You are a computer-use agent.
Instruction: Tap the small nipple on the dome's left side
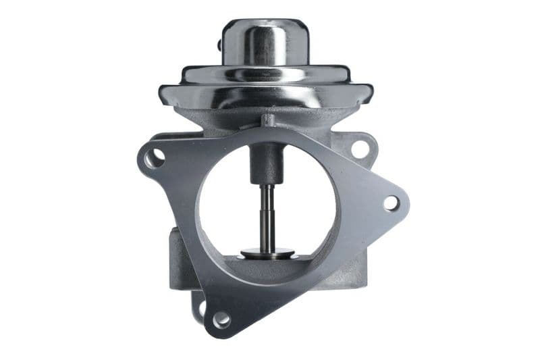[x=221, y=45]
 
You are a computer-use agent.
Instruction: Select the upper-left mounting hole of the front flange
[x=154, y=158]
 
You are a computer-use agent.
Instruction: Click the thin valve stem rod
[x=268, y=216]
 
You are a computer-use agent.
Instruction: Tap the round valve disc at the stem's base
[x=268, y=253]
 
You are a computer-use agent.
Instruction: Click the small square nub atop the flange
[x=269, y=120]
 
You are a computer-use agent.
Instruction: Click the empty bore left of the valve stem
[x=226, y=203]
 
